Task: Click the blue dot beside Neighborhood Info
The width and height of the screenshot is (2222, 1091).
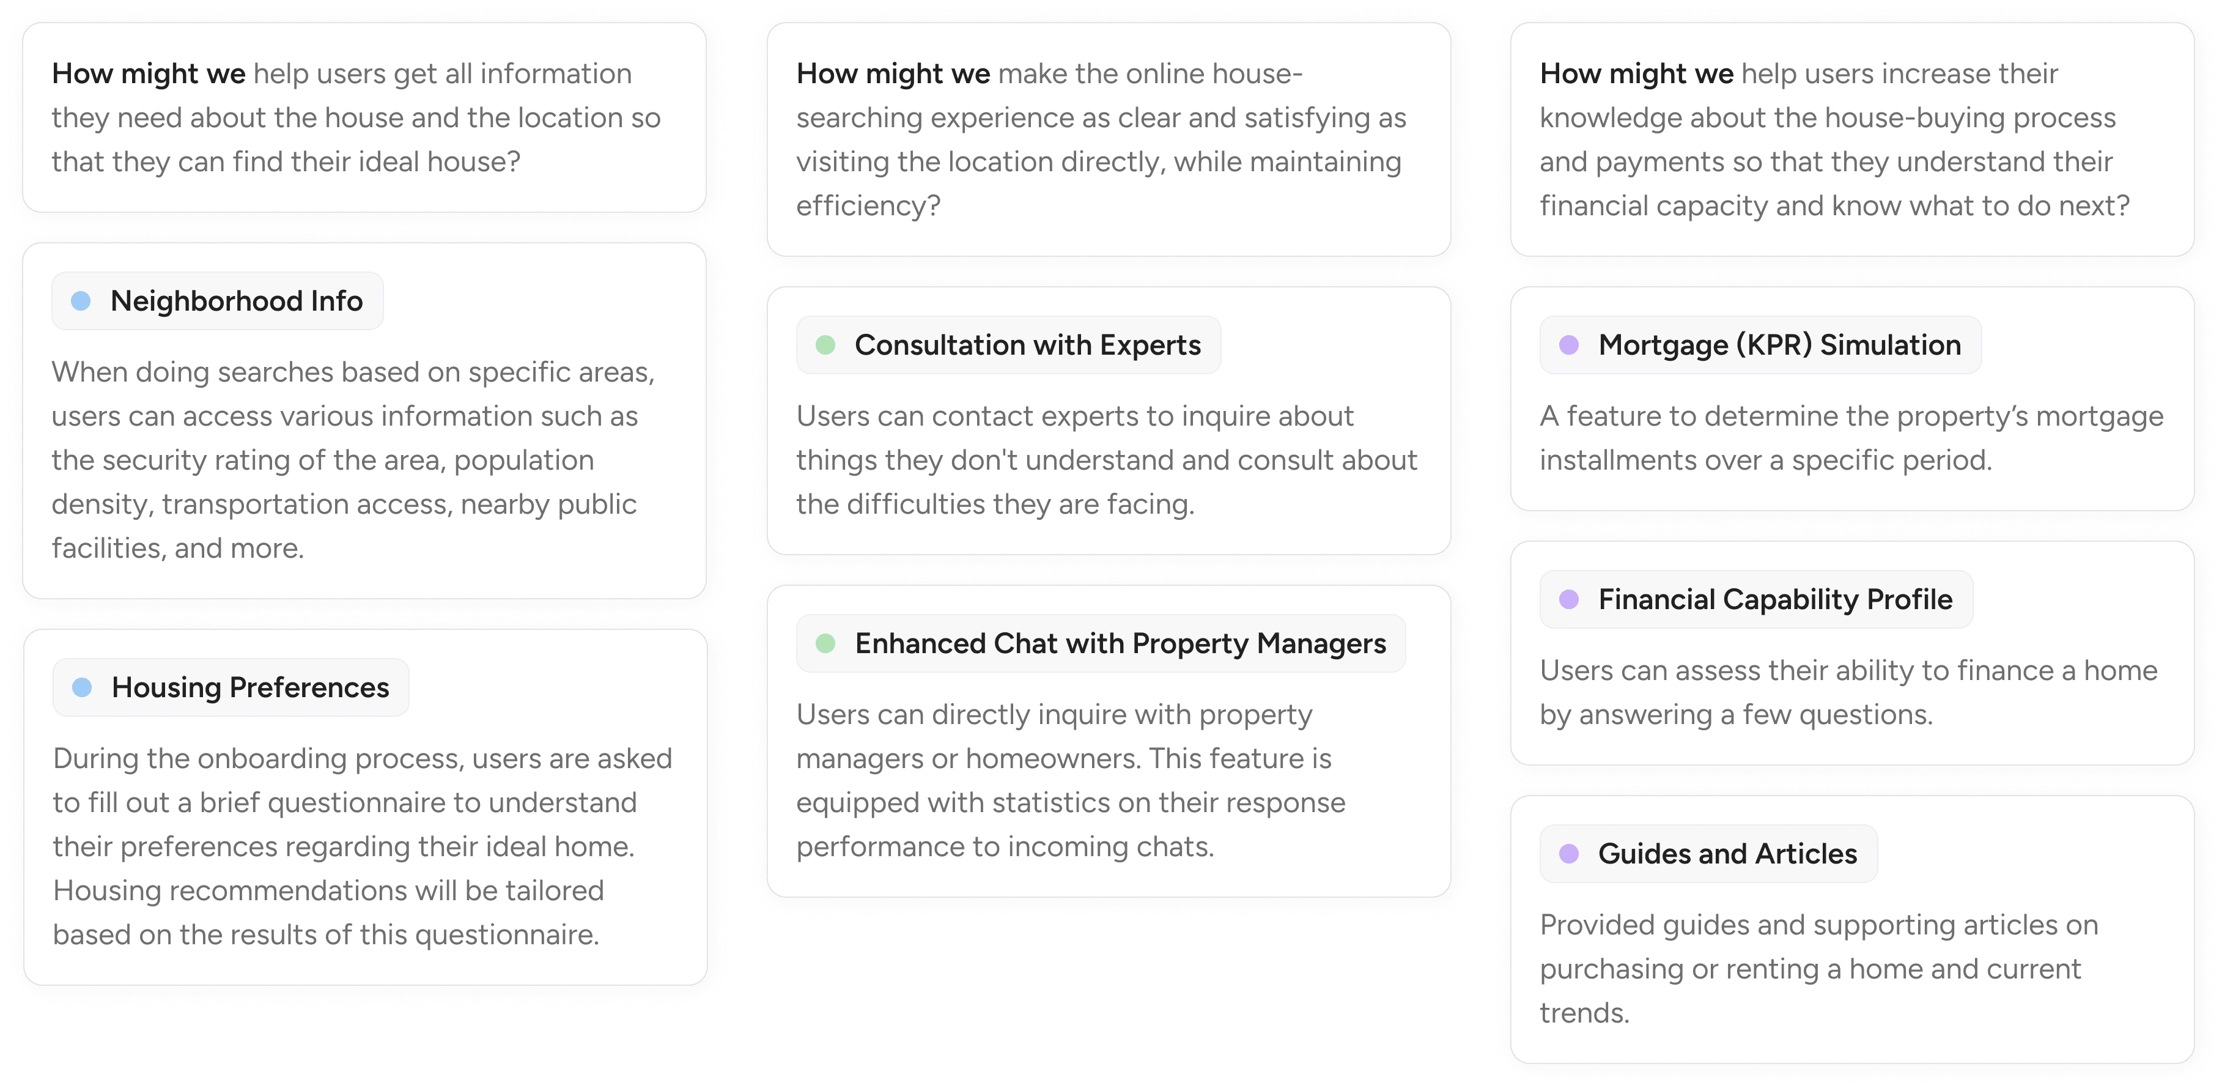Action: coord(81,301)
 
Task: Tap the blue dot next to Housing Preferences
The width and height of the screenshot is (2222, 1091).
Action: coord(82,687)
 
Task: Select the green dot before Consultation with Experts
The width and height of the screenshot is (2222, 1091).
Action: coord(825,345)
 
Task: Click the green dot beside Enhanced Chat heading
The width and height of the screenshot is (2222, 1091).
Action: coord(825,643)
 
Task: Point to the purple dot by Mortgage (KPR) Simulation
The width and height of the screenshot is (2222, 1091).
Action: coord(1569,345)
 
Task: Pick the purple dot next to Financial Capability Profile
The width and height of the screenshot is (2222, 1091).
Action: coord(1569,599)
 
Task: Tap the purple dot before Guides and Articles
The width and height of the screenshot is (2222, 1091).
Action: coord(1569,854)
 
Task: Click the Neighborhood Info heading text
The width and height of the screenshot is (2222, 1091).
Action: coord(237,301)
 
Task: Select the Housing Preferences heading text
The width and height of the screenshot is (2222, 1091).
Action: coord(250,687)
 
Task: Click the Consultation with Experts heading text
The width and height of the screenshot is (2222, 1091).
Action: coord(1027,345)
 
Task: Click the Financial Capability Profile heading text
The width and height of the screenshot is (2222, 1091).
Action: coord(1775,599)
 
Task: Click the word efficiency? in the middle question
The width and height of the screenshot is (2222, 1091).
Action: coord(868,205)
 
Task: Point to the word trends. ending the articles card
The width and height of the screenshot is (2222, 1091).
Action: coord(1584,1013)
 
